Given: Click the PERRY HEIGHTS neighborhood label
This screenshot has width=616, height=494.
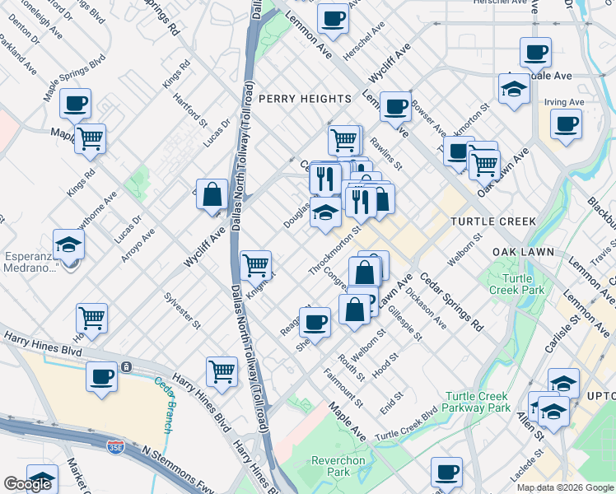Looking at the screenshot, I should pos(305,99).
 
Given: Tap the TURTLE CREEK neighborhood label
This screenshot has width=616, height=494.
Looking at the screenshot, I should pos(493,221).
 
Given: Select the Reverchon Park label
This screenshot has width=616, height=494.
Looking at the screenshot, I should pos(334,466).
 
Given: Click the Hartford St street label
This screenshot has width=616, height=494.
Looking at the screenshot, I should pos(191,110).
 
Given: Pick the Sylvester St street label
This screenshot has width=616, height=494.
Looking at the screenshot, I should pos(182,310).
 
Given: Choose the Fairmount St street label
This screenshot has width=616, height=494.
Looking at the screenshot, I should pos(351,390).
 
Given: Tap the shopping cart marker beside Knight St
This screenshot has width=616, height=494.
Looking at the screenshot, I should pos(256,265).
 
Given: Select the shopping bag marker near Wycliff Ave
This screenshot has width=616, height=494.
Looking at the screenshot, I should pos(212,195).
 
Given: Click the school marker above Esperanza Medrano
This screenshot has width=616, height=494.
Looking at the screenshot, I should pos(68,244).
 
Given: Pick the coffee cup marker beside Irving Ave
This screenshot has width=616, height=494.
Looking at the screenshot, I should pos(565,124).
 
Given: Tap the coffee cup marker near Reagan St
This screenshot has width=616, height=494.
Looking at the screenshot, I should pos(315,322).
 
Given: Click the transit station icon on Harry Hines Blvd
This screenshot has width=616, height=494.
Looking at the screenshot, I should pos(125,366).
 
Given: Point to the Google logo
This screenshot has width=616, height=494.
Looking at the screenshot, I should pos(27,484).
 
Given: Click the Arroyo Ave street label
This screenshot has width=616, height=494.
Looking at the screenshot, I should pos(138,245).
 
